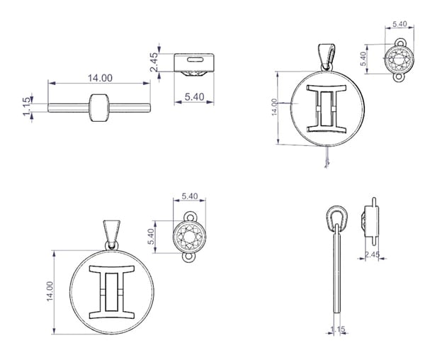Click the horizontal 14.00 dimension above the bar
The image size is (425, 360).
click(99, 83)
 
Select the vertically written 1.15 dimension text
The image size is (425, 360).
click(26, 106)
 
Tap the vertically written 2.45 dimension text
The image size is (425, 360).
click(154, 62)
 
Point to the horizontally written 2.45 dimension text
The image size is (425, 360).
click(372, 254)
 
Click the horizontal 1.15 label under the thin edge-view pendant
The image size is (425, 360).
click(338, 330)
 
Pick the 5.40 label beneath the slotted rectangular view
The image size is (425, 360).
click(194, 97)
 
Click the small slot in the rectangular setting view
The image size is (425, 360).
click(194, 60)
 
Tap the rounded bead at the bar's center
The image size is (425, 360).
click(99, 108)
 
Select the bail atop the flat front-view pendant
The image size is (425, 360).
click(112, 235)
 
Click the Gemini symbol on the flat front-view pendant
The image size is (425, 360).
click(112, 292)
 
